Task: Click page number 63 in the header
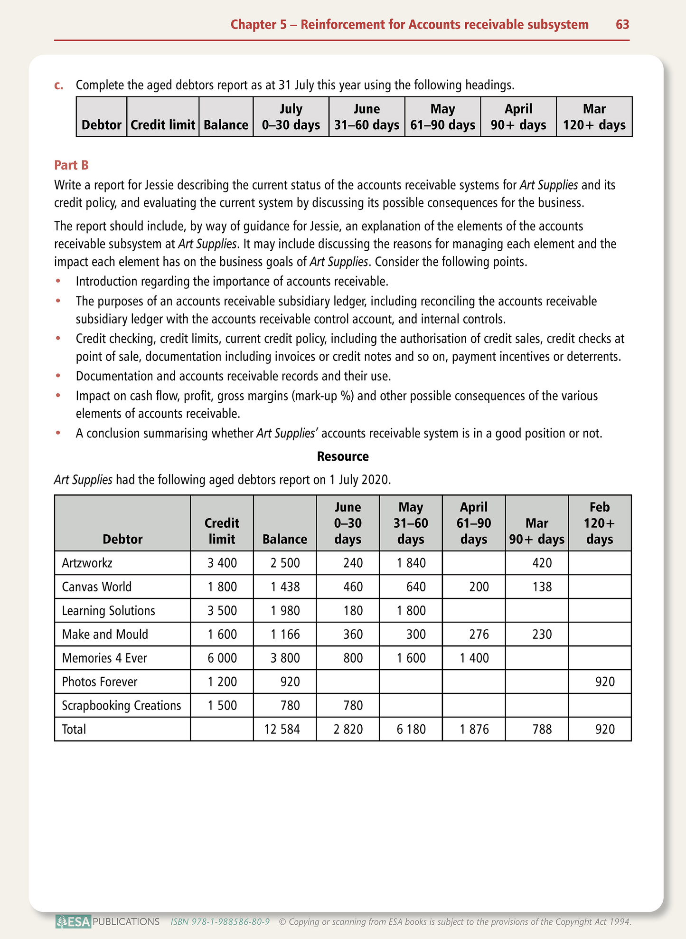[622, 25]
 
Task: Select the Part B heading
[71, 165]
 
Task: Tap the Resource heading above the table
[343, 456]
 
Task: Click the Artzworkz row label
[87, 563]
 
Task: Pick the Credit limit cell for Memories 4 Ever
[222, 658]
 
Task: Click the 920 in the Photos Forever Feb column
[605, 682]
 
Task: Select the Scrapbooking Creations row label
[122, 706]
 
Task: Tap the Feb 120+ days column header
[599, 523]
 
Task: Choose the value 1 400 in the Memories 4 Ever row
[474, 658]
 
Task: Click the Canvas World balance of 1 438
[285, 587]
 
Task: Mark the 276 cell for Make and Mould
[479, 635]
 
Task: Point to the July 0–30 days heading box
[291, 117]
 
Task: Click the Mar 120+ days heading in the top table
[594, 117]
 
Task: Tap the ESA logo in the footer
[73, 922]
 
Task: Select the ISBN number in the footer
[220, 922]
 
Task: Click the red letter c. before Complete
[59, 85]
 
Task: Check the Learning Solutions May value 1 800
[411, 611]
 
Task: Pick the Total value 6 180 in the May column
[411, 730]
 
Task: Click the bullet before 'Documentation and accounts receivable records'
[58, 376]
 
